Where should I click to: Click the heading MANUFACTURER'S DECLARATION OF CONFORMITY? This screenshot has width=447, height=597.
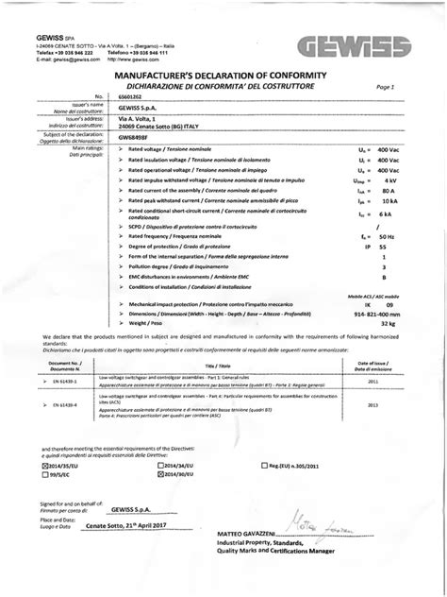221,74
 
